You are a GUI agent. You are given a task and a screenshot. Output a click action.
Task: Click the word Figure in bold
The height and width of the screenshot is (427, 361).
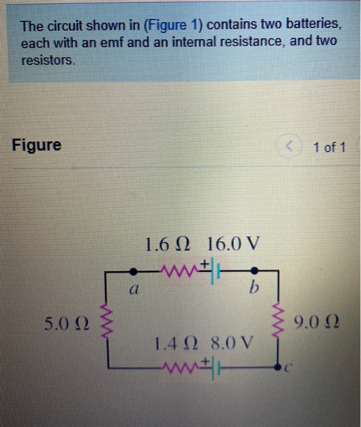37,146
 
